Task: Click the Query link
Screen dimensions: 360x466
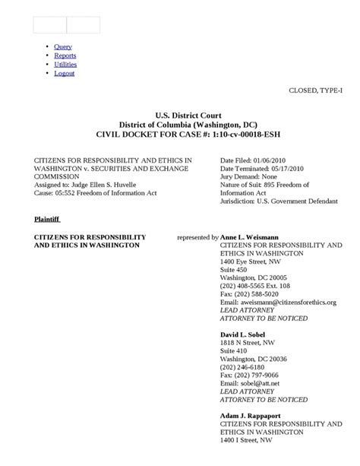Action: (63, 47)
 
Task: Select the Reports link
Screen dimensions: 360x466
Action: (65, 55)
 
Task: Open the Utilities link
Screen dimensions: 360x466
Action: (65, 65)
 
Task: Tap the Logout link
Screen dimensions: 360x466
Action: (65, 74)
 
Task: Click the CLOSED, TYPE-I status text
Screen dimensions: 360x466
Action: (321, 90)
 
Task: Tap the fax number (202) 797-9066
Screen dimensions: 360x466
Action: (256, 375)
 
